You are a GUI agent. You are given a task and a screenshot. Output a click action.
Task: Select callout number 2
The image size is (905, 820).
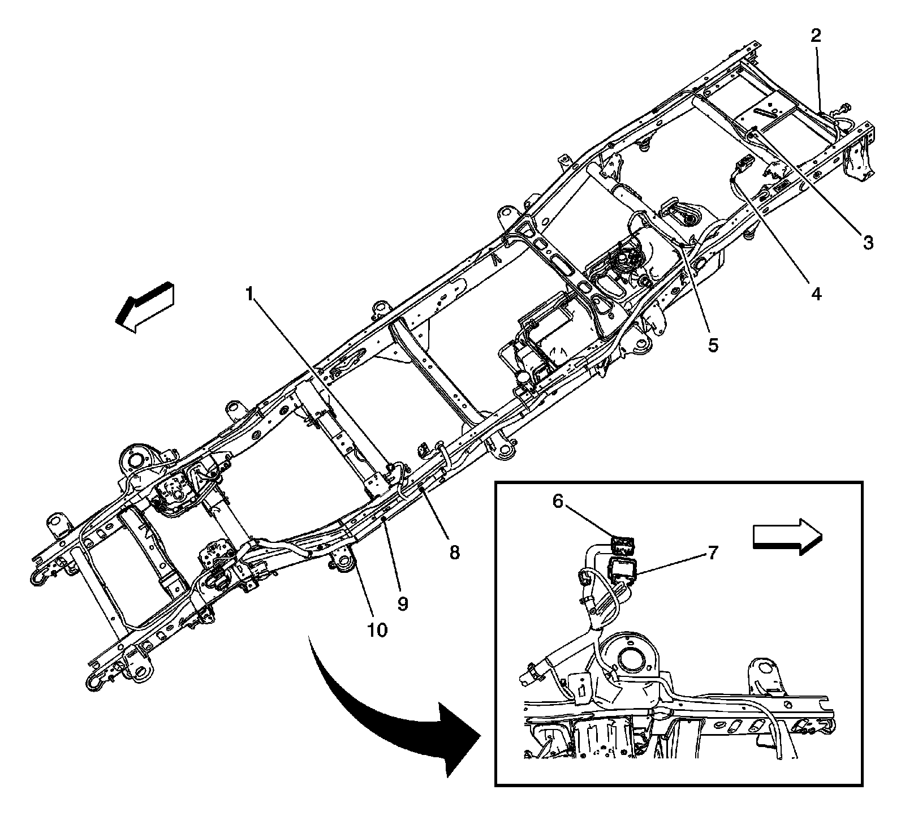coord(816,36)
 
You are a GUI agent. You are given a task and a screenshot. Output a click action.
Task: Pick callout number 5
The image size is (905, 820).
coord(713,344)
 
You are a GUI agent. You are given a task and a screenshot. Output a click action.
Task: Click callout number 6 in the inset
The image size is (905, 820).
coord(558,501)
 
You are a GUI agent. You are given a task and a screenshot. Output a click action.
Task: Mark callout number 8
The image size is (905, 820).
coord(454,551)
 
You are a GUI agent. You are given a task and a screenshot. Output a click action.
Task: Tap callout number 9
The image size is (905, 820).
coord(403,603)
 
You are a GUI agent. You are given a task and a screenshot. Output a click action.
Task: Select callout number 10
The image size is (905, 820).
coord(378,629)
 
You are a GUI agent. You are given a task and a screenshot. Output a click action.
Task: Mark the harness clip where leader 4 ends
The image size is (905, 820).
coord(733,179)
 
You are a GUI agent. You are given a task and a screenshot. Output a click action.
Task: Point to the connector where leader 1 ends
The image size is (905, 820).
coord(390,467)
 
